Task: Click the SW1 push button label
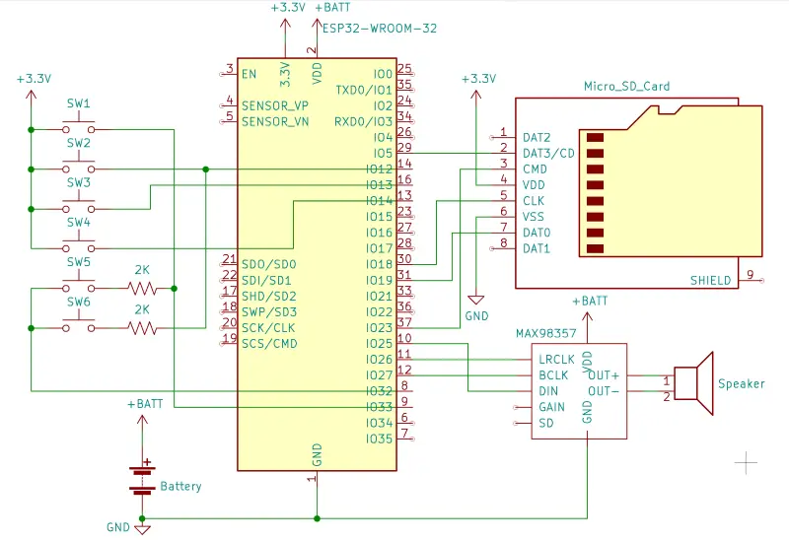78,103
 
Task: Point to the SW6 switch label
78,302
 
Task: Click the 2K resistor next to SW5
142,288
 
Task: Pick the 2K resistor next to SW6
142,327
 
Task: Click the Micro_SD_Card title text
626,87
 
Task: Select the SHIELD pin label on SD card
710,280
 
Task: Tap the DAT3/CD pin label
547,153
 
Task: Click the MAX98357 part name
546,333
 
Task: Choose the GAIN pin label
551,407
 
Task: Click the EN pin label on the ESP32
249,74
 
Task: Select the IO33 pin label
379,407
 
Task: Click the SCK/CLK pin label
268,327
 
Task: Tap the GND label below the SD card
477,316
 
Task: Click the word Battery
180,486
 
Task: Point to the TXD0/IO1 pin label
364,90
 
